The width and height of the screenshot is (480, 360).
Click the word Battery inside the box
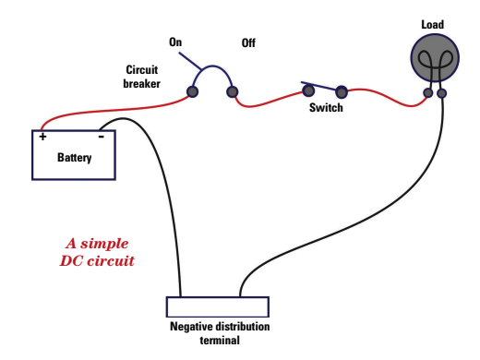(74, 157)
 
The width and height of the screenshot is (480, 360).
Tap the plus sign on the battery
(42, 137)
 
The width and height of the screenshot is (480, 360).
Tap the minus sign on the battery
(101, 136)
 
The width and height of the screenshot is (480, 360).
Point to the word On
(175, 42)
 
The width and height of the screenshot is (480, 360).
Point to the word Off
(249, 42)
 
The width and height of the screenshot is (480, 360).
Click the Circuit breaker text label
(143, 76)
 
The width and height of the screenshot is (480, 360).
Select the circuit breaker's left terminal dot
(193, 90)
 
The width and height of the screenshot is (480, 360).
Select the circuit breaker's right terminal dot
(233, 91)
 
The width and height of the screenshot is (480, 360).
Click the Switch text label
(326, 108)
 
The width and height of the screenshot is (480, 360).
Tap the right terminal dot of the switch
(342, 91)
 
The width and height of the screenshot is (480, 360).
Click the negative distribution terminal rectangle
(217, 307)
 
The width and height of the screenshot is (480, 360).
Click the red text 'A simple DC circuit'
(97, 252)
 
